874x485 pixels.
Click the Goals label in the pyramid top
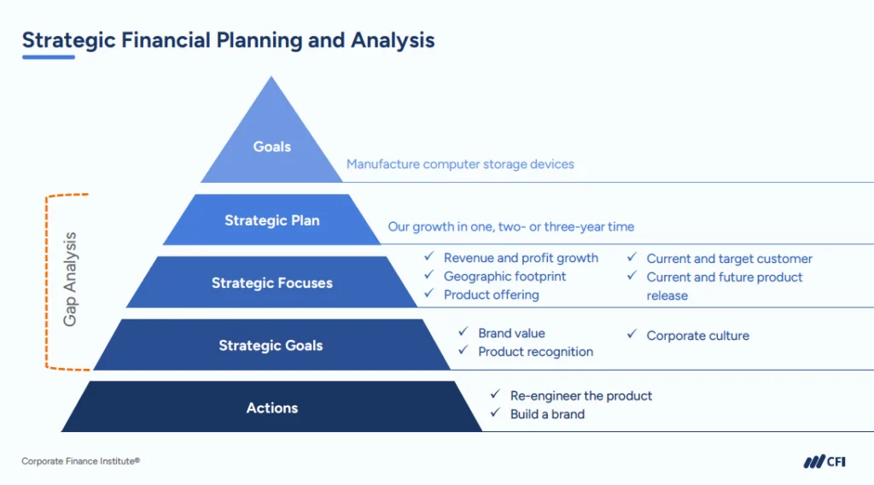[272, 147]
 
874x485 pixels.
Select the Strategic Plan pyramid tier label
[272, 220]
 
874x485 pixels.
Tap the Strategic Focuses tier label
[272, 283]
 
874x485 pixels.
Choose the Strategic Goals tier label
[271, 346]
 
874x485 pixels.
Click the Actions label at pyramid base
[272, 408]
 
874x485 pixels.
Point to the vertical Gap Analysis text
[71, 279]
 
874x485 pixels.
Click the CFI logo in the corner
[824, 462]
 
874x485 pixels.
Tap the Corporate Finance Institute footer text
[80, 461]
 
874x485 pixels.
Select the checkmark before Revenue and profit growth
[429, 257]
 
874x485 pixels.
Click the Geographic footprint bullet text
[504, 276]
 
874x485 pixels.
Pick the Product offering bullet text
[491, 295]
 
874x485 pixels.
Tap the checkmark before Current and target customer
[632, 258]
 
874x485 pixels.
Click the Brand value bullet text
[511, 333]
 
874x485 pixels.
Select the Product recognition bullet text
[535, 352]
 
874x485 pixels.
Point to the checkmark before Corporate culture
[632, 335]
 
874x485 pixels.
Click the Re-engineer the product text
[580, 395]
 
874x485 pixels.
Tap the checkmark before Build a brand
[495, 413]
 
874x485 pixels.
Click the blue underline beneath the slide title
[49, 57]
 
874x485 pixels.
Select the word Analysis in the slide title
[393, 39]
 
